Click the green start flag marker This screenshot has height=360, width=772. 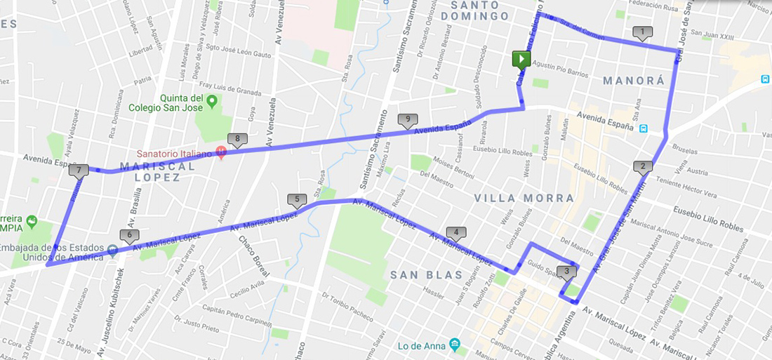coord(521,60)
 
